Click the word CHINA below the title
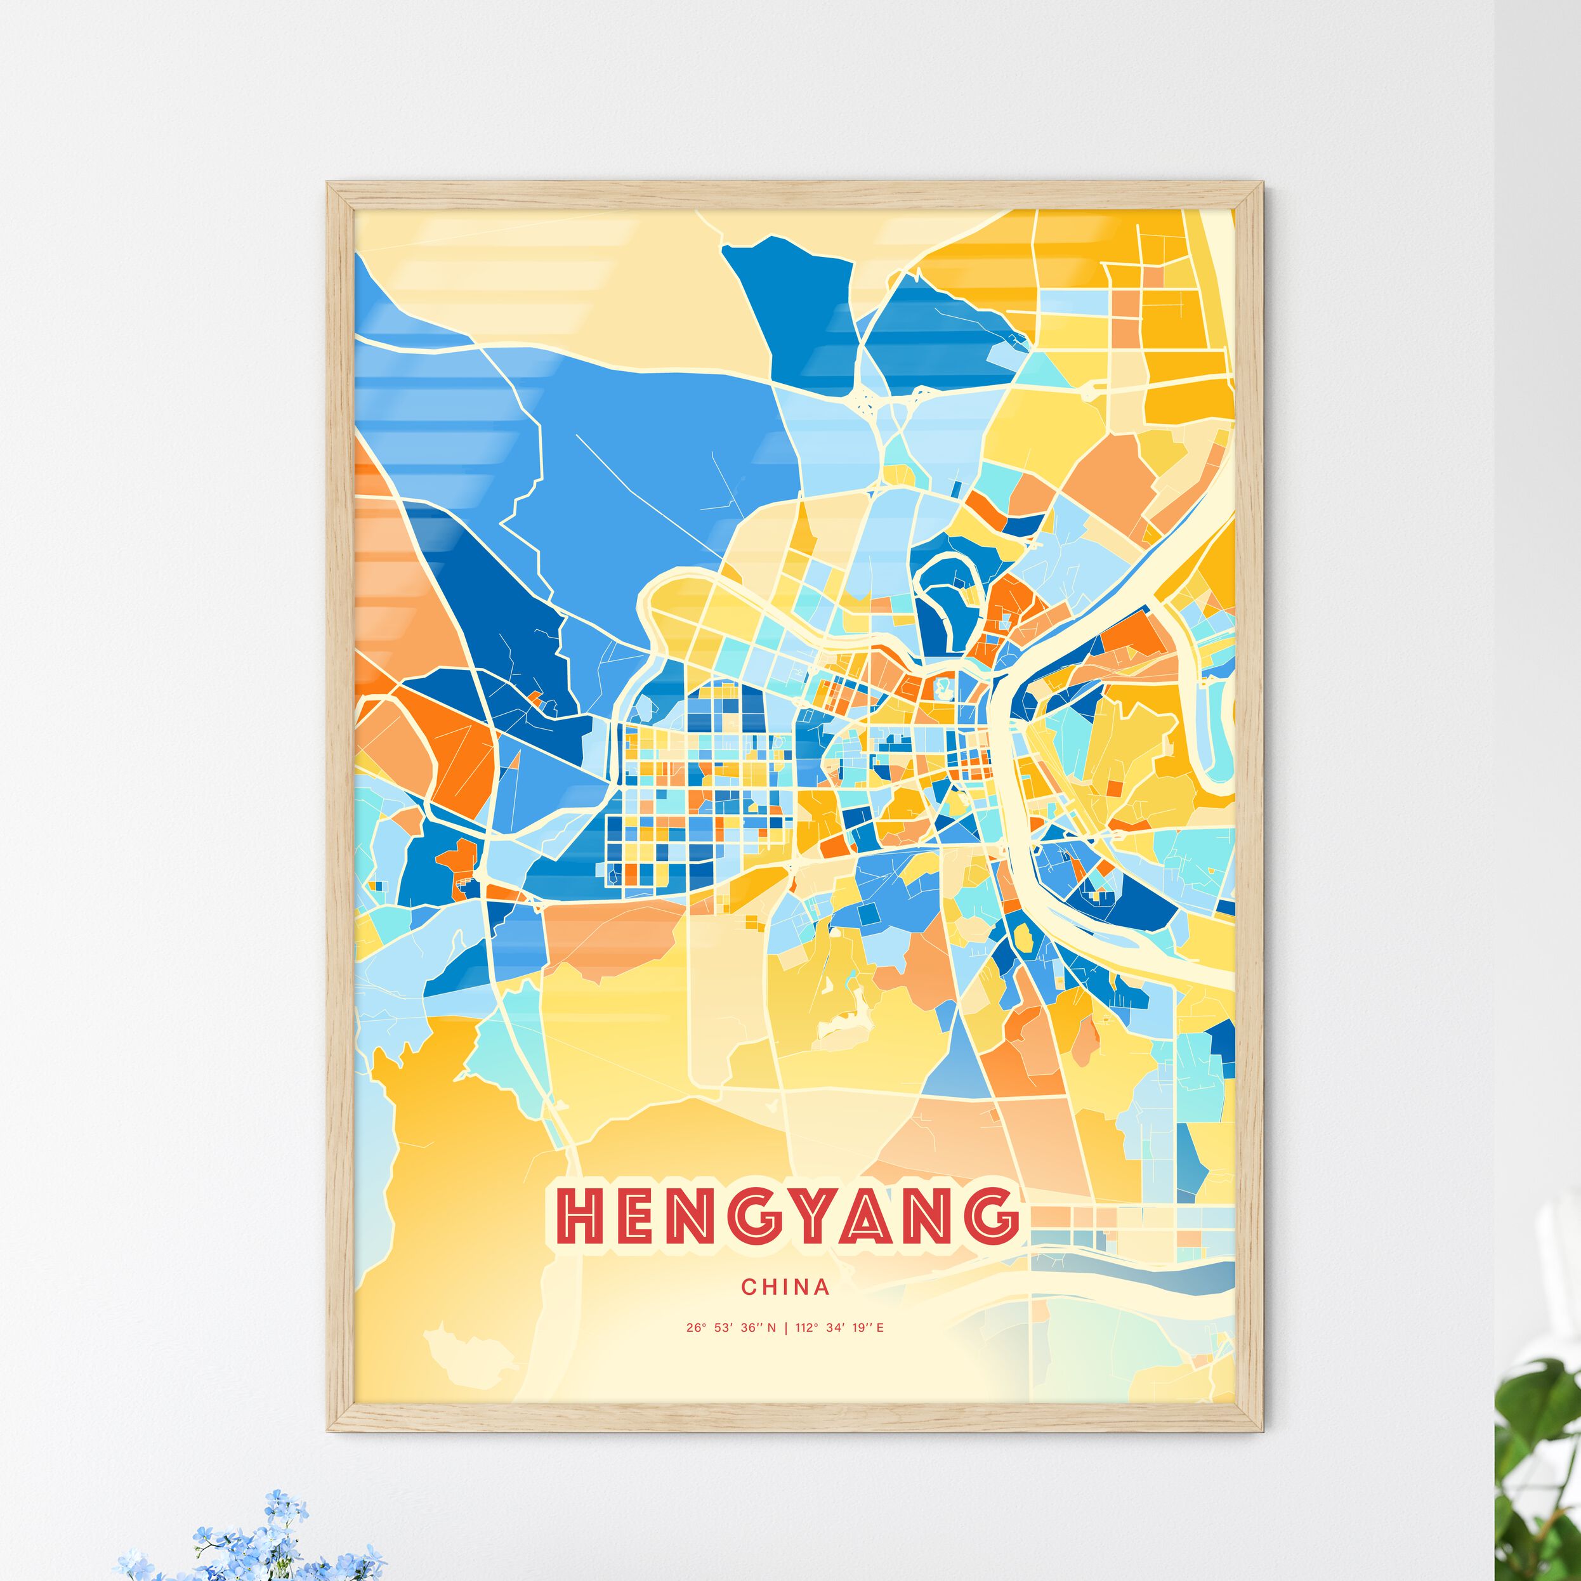(x=785, y=1287)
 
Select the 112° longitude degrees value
(x=808, y=1327)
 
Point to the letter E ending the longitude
(x=880, y=1327)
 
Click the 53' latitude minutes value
(x=722, y=1327)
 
